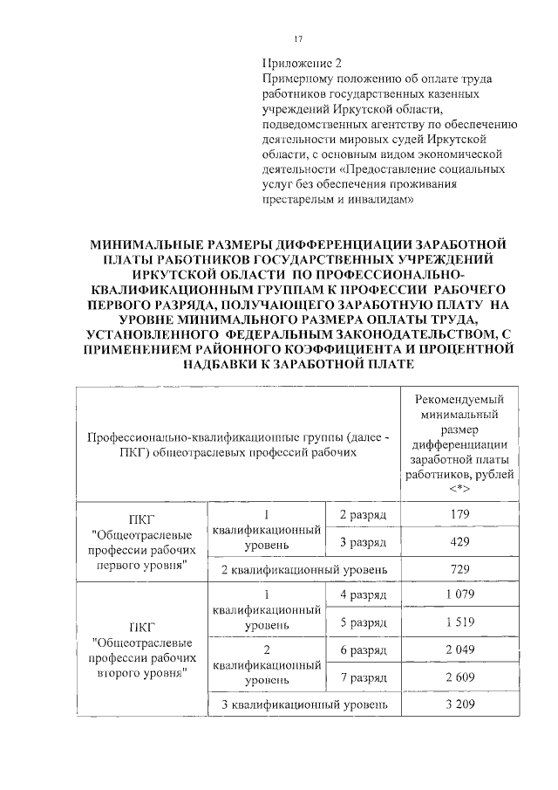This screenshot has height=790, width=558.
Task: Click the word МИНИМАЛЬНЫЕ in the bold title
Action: pos(150,242)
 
